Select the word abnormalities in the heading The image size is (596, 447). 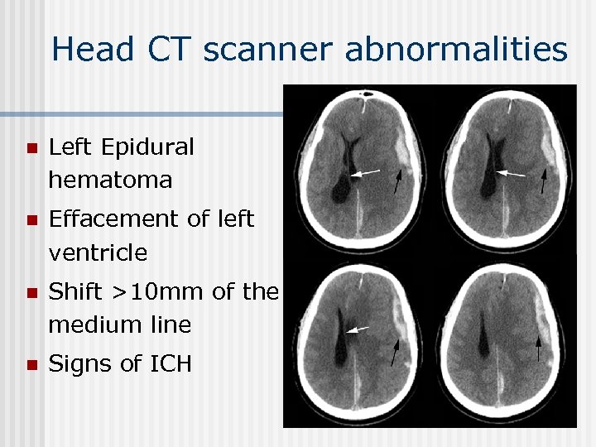456,50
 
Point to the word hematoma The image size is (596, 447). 110,180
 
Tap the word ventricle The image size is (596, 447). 98,252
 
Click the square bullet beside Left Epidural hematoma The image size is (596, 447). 31,149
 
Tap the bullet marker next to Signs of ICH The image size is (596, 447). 31,365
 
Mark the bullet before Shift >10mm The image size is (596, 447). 31,293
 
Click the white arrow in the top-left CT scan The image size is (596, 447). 365,173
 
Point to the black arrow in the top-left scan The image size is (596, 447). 399,181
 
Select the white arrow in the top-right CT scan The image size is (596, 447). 511,174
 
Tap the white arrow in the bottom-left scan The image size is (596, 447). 358,329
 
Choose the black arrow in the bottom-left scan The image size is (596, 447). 395,352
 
